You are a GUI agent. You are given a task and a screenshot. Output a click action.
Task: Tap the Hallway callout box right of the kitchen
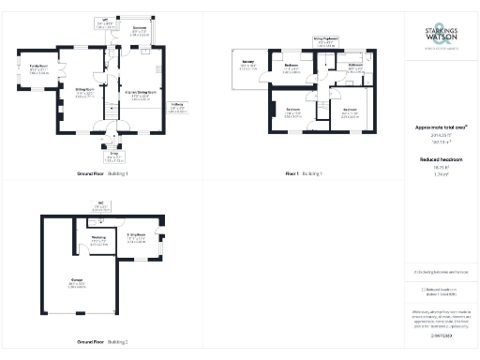178,108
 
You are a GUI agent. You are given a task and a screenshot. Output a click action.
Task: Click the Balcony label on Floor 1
248,67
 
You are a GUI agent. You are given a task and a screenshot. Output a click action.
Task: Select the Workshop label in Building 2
98,239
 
